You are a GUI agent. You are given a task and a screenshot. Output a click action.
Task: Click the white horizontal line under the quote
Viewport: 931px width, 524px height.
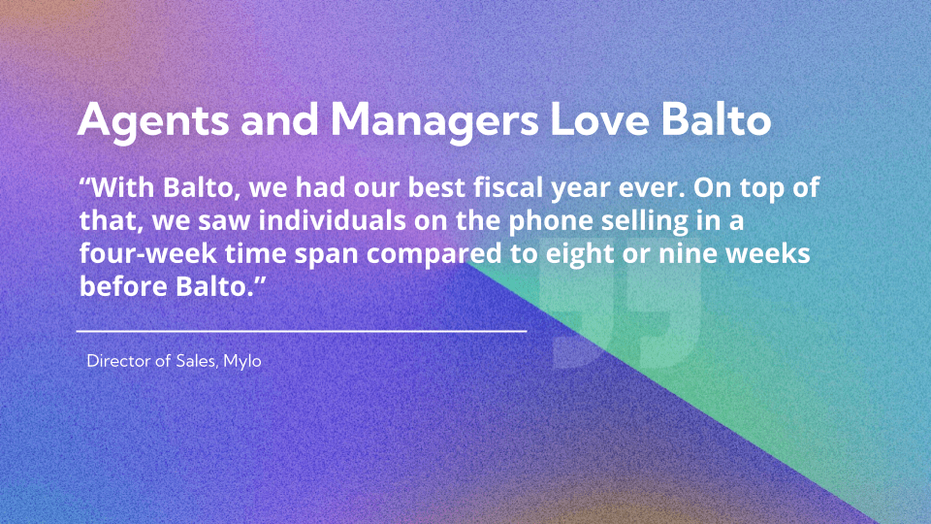coord(301,331)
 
